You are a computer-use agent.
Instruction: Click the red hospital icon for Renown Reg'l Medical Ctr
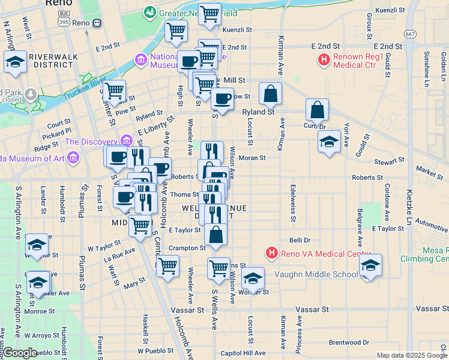pos(324,60)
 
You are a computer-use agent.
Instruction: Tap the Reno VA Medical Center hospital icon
pos(272,253)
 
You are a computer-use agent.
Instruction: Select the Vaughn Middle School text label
pos(316,274)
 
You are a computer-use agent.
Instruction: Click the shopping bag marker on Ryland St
pos(271,94)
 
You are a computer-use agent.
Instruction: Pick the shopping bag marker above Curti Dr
pos(317,110)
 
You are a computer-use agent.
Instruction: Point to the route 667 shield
pos(411,34)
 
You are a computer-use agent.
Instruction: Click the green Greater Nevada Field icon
pos(149,11)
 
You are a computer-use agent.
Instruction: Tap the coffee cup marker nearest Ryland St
pos(222,98)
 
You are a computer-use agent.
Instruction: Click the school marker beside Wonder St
pos(253,278)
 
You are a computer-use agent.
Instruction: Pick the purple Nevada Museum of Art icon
pos(73,158)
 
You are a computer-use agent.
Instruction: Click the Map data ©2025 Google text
pos(411,355)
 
